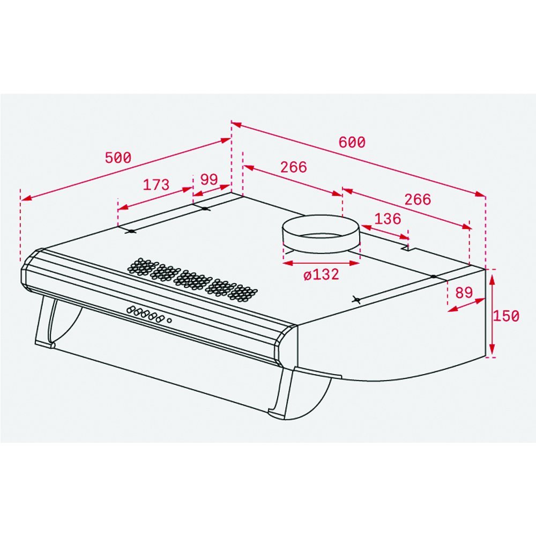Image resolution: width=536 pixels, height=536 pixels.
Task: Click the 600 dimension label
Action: point(352,142)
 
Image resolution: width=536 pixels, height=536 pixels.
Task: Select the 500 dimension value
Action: point(118,158)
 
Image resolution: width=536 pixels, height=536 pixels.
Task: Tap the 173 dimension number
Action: point(156,184)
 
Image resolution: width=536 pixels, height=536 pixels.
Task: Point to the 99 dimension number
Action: point(209,179)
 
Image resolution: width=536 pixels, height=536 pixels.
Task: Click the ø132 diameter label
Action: point(321,274)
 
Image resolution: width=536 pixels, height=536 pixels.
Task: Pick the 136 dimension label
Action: point(388,219)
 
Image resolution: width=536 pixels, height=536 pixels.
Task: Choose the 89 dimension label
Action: point(464,292)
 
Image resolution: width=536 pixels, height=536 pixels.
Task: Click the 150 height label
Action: point(506,316)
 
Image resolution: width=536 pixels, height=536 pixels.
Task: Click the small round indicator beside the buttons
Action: point(169,321)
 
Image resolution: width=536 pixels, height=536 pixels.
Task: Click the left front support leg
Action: point(46,322)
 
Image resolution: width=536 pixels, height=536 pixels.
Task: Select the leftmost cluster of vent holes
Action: point(141,266)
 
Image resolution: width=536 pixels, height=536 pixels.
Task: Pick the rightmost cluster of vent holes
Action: point(242,293)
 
